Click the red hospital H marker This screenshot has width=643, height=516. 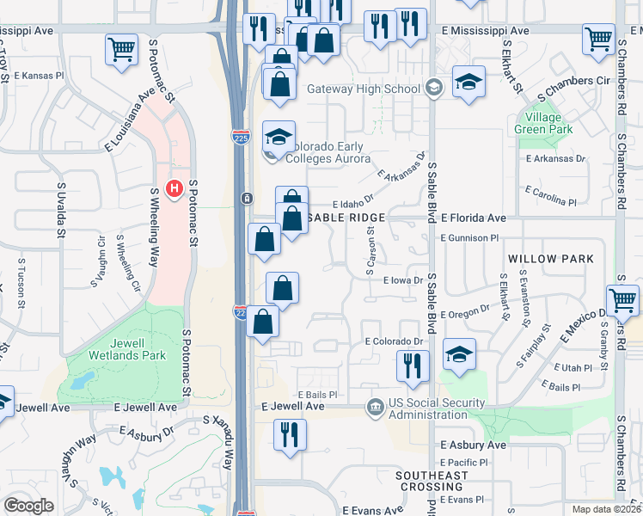pyautogui.click(x=175, y=187)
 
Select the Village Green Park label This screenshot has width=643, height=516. pyautogui.click(x=543, y=123)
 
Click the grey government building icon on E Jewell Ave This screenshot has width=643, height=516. pyautogui.click(x=375, y=405)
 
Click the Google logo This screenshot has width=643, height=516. pyautogui.click(x=28, y=506)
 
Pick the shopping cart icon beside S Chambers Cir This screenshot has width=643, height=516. pyautogui.click(x=598, y=38)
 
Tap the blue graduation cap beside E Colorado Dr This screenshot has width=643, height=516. pyautogui.click(x=459, y=353)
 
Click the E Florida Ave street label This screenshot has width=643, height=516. pyautogui.click(x=472, y=218)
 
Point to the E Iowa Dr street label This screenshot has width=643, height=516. pyautogui.click(x=395, y=280)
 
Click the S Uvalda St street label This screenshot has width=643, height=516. pyautogui.click(x=61, y=209)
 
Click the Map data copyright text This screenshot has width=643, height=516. pyautogui.click(x=606, y=509)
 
